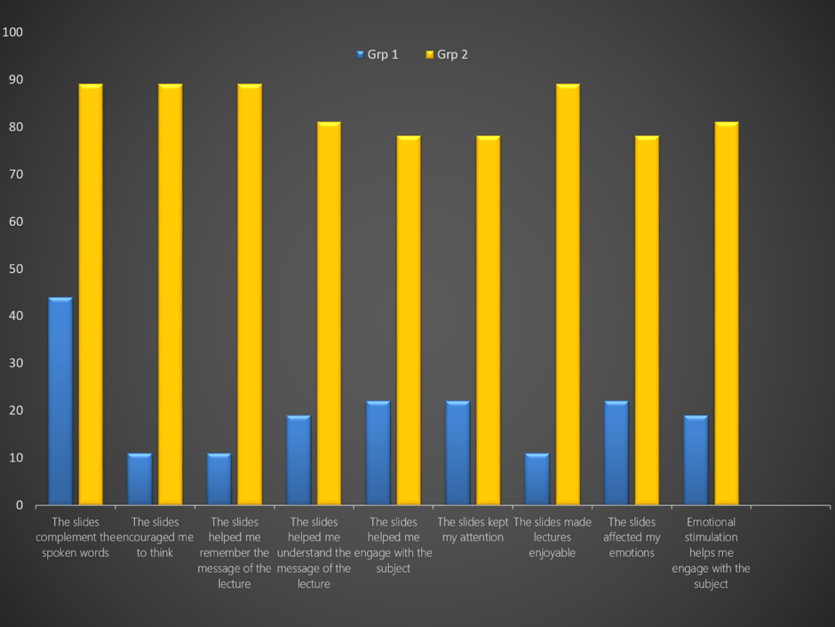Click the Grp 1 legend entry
coord(378,54)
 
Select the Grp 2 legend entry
coord(447,54)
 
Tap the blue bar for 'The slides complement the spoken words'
coord(60,401)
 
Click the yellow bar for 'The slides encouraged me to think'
coord(171,294)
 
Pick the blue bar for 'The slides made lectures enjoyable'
coord(537,478)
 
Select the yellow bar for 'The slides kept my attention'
coord(489,320)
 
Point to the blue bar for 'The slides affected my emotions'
coord(616,453)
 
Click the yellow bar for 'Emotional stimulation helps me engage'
coord(727,313)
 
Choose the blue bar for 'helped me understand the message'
coord(298,460)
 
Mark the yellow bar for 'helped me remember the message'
coord(250,294)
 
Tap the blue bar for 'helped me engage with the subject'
coord(378,453)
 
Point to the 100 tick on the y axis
coord(12,32)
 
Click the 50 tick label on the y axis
coord(16,269)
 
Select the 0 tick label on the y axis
coord(20,505)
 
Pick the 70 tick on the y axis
coord(16,173)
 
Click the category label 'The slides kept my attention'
coord(473,529)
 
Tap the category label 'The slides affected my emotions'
coord(632,537)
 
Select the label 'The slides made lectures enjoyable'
coord(553,537)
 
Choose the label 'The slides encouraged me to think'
coord(155,537)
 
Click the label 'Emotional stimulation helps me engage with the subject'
coord(711,552)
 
